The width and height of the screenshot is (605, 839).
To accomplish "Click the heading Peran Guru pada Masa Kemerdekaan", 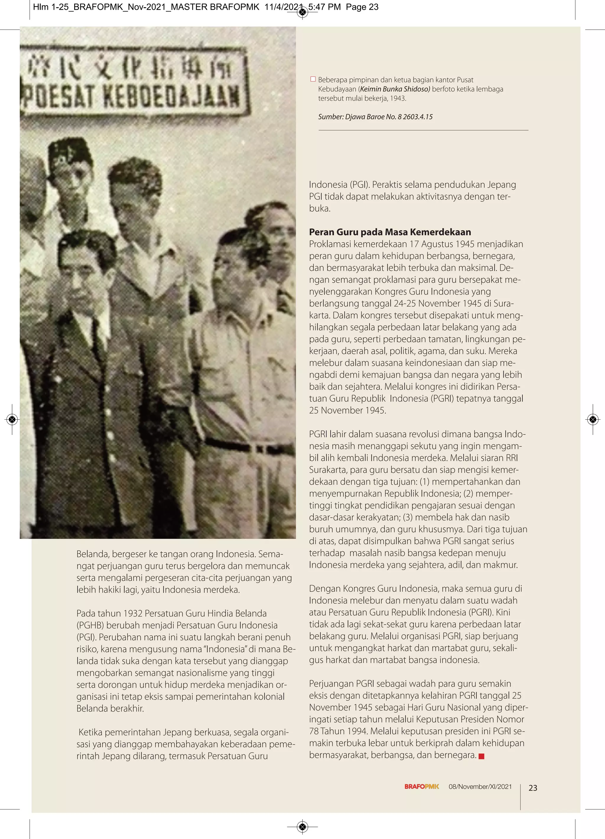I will [x=390, y=232].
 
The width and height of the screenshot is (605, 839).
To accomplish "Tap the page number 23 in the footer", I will [x=533, y=788].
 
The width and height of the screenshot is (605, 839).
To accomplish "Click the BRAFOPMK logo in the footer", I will [x=421, y=786].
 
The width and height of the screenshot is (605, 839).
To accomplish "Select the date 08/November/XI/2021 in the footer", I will [x=480, y=786].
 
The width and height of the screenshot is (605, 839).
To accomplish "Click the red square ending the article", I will [x=481, y=756].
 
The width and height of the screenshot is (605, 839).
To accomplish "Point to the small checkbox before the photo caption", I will [x=313, y=79].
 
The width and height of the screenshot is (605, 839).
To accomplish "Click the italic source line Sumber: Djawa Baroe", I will [x=375, y=117].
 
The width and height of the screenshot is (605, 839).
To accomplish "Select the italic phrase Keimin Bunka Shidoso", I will [x=395, y=89].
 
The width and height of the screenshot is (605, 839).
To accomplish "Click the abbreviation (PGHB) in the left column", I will [x=91, y=625].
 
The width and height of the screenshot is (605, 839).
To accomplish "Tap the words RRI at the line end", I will [x=511, y=458].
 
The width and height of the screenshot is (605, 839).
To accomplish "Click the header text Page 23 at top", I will [x=362, y=7].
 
